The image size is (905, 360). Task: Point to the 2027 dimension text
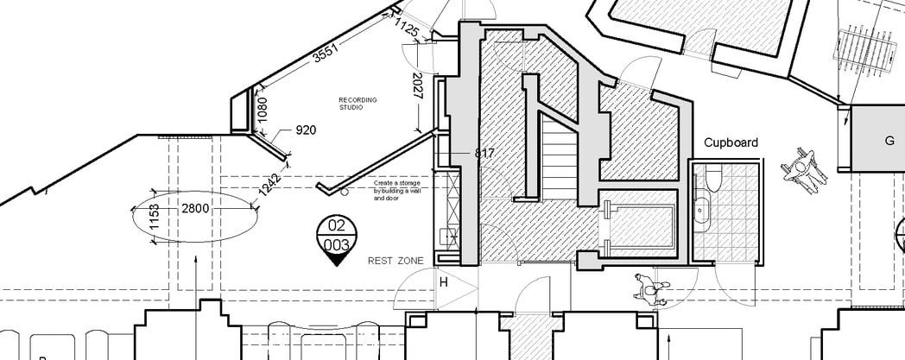point(417,86)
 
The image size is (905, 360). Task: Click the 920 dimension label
point(306,130)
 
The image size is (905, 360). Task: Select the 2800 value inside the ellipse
point(195,208)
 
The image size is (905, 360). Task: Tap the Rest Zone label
point(390,260)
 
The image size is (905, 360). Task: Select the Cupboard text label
point(730,142)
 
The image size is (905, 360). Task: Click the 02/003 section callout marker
point(334,237)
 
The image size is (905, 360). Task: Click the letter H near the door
point(445,281)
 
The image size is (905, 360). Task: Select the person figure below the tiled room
point(649,289)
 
